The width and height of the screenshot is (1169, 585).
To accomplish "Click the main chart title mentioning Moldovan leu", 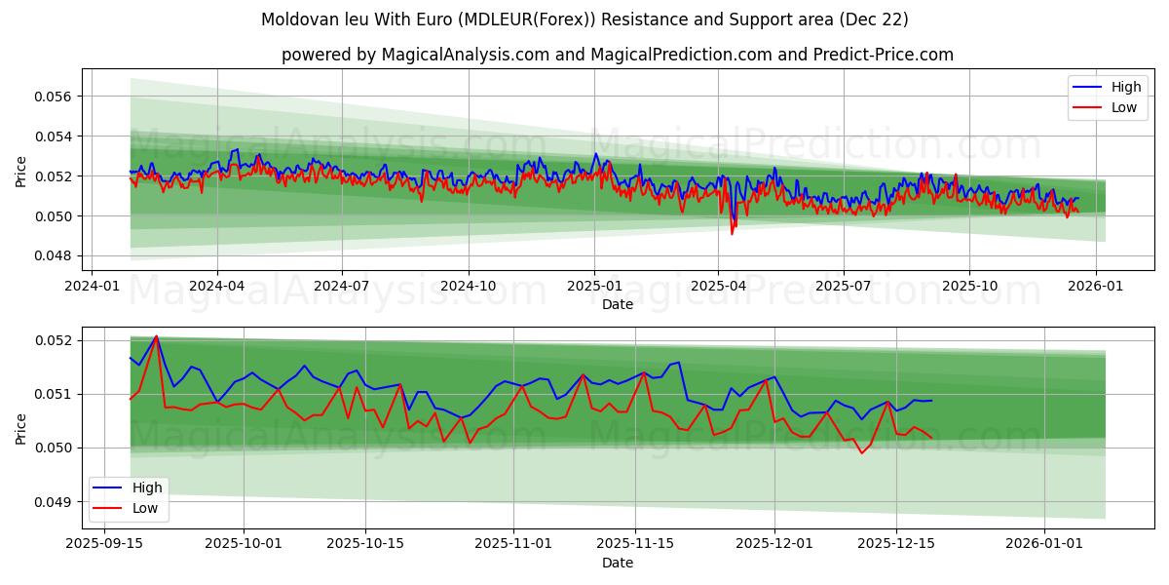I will point(584,19).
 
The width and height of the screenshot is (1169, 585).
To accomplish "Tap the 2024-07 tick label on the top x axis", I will point(341,286).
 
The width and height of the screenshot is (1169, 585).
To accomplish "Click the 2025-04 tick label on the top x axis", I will point(718,286).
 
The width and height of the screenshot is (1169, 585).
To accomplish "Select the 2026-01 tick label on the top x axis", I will point(1096,286).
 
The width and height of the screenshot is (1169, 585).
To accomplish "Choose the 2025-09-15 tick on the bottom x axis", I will point(105,542).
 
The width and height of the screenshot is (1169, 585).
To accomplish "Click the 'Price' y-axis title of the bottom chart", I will point(21,428).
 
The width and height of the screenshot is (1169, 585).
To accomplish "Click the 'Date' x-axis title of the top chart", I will point(618,304).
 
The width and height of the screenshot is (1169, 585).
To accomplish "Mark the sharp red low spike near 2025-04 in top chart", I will point(733,234).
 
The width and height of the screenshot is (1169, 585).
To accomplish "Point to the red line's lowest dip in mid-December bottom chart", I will point(861,452).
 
